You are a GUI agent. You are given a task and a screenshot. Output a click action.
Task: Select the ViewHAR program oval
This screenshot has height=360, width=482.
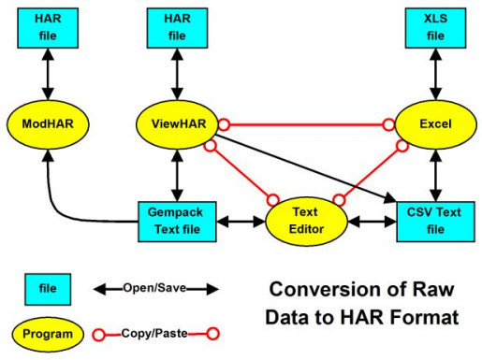tap(178, 123)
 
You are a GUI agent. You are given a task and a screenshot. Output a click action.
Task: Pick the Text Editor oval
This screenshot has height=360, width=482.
tap(306, 221)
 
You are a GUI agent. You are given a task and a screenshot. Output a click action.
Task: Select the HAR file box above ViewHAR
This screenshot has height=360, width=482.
tap(178, 27)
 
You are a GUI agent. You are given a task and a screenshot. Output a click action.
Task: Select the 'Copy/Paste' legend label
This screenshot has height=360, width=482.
tap(153, 331)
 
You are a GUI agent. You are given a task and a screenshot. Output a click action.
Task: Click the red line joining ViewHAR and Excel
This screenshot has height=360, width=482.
tap(305, 123)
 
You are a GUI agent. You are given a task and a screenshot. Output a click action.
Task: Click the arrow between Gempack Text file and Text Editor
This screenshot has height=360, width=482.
tap(241, 222)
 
